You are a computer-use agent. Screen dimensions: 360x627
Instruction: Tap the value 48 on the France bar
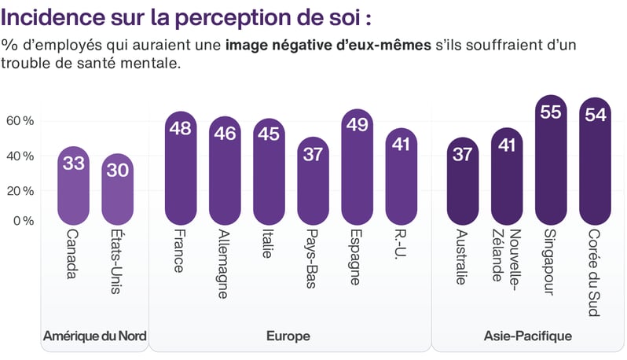[181, 128]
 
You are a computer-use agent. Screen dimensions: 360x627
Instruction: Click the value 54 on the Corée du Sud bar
[595, 115]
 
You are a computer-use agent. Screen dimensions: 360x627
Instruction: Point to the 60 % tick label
[20, 121]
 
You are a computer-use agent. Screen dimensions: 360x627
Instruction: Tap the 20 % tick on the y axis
[20, 190]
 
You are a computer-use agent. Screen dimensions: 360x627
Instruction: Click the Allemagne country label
[224, 264]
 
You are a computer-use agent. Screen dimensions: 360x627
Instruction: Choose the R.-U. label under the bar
[401, 248]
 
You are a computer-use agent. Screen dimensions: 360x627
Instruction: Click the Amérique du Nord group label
[95, 336]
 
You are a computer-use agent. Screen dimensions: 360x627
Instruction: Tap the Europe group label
[288, 336]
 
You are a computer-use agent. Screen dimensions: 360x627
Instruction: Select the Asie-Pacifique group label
[528, 336]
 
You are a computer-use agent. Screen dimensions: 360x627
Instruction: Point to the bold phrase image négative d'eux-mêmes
[328, 44]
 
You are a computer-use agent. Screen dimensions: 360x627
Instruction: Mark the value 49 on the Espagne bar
[357, 127]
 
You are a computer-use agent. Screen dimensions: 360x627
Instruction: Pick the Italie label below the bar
[269, 251]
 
